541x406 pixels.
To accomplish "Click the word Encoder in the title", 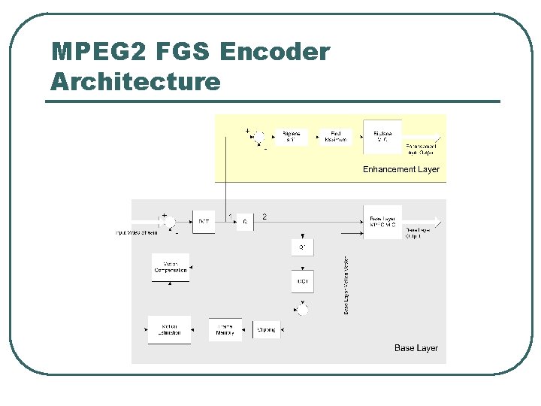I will pos(275,52).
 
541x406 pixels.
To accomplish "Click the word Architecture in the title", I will pos(135,80).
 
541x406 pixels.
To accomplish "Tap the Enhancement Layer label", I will pos(400,169).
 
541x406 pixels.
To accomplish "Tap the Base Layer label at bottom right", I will pos(416,348).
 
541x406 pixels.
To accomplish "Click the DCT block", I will pos(204,221).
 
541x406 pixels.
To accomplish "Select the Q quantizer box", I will pos(245,221).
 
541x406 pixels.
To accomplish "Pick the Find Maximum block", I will pos(336,136).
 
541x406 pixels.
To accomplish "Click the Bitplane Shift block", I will pos(290,136).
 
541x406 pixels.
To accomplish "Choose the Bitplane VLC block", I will pos(382,136).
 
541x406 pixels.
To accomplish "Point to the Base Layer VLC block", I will pos(382,222).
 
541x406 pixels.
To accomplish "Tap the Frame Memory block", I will pos(225,329).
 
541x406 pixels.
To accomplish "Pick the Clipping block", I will pos(266,329).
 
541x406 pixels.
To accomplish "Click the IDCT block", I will pos(302,281).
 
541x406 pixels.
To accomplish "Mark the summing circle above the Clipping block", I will pos(302,309).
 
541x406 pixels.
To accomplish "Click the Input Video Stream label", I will pos(136,232).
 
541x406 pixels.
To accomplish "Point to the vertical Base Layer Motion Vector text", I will pos(346,286).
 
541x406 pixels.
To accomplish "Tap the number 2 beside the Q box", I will pos(264,217).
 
